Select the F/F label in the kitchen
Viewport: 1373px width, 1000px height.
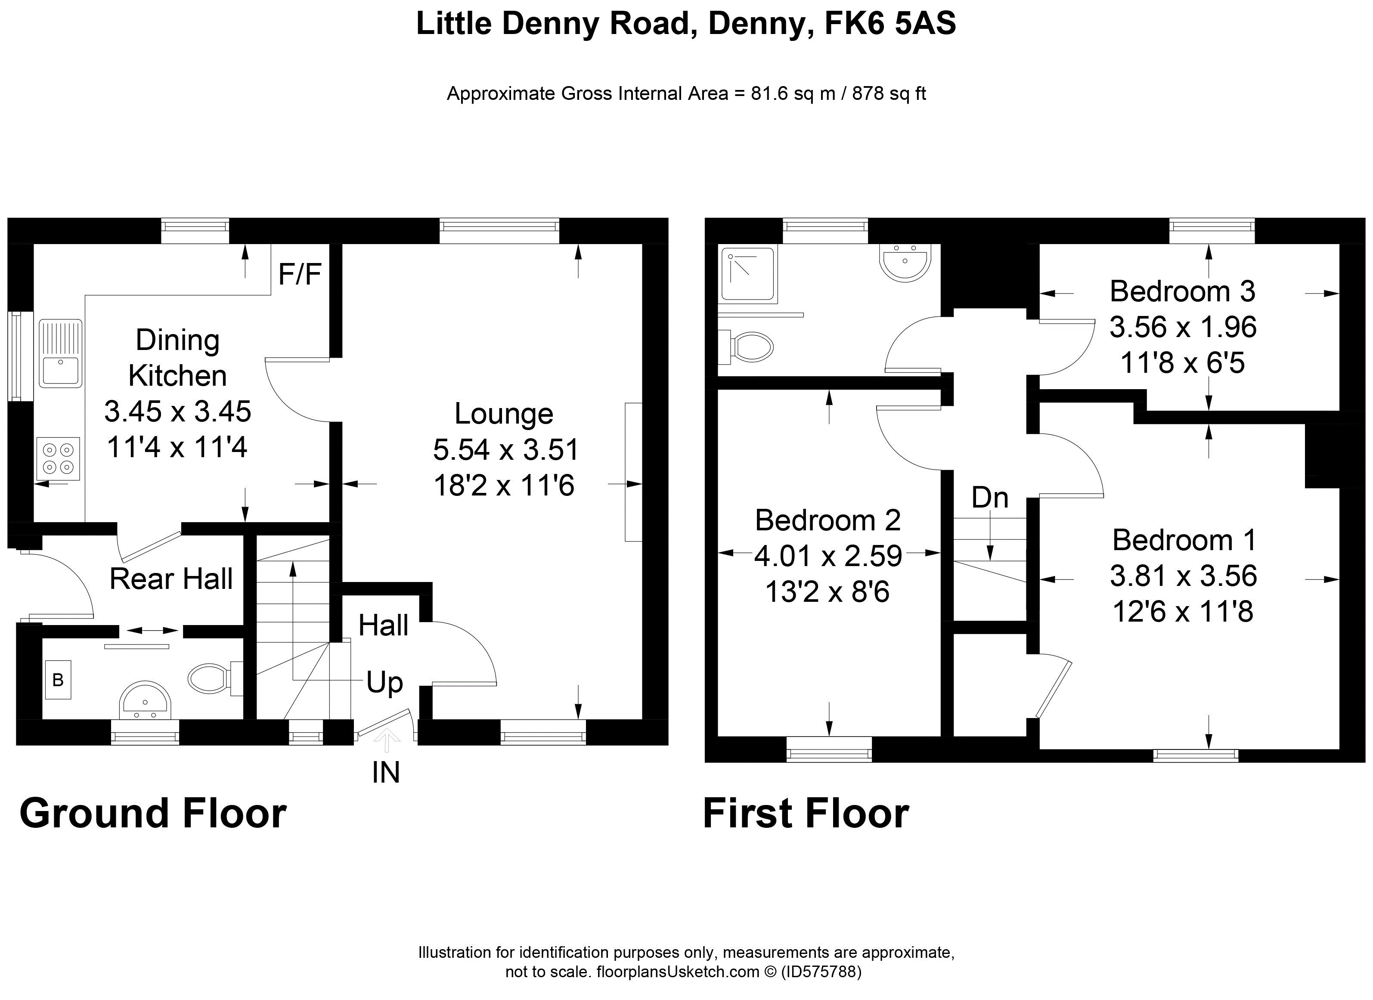tap(300, 274)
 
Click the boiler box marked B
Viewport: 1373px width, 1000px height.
tap(58, 680)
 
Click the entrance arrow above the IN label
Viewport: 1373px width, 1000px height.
tap(386, 738)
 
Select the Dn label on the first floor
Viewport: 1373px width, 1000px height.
tap(990, 498)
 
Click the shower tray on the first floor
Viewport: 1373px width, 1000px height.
tap(748, 274)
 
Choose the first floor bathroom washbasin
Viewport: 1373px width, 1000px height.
tap(905, 262)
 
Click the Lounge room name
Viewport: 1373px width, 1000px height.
tap(504, 414)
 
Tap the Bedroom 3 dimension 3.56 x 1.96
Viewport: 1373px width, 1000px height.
tap(1183, 328)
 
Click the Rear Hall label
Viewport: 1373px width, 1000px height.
tap(171, 579)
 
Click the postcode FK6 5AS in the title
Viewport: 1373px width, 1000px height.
tap(890, 24)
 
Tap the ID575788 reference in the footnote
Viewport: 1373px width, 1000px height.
tap(821, 972)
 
